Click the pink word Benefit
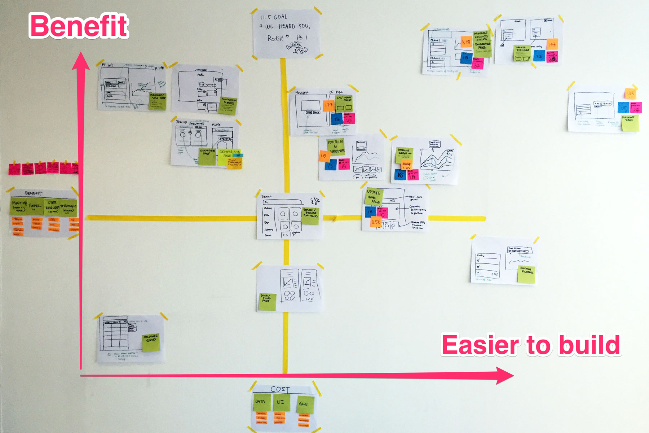[79, 26]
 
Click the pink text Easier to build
[531, 345]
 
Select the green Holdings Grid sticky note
[151, 342]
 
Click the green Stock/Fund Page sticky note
[267, 302]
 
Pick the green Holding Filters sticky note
[526, 274]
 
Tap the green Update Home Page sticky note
[374, 196]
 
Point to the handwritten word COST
[280, 389]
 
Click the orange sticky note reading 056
[376, 222]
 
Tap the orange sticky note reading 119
[324, 156]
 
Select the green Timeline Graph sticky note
[404, 154]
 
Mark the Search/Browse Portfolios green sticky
[310, 215]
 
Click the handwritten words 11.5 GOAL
[274, 17]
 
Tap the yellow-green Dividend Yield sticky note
[630, 123]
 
